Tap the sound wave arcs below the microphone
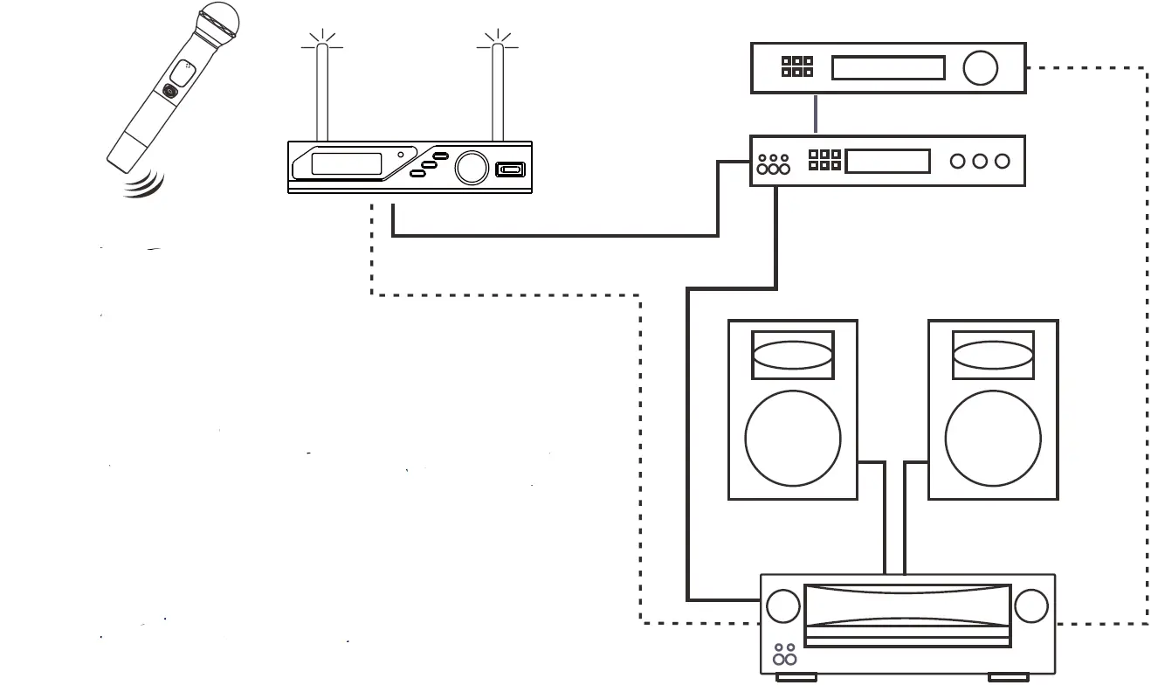coord(144,184)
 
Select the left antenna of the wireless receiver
coord(321,92)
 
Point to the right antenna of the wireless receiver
coord(498,92)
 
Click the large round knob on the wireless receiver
coord(472,167)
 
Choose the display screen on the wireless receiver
coord(347,164)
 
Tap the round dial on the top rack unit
coord(981,68)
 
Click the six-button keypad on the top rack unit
coord(796,67)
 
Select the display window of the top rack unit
coord(888,68)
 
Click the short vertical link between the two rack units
coord(815,114)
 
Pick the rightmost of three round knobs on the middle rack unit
coord(1002,161)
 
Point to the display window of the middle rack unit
coord(887,161)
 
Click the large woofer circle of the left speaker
coord(793,438)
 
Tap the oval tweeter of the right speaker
coord(993,356)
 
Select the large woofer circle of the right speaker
coord(993,438)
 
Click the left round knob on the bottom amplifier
coord(782,606)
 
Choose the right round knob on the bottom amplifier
coord(1031,606)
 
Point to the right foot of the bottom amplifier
coord(1009,676)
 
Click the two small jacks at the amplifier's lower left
coord(784,654)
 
